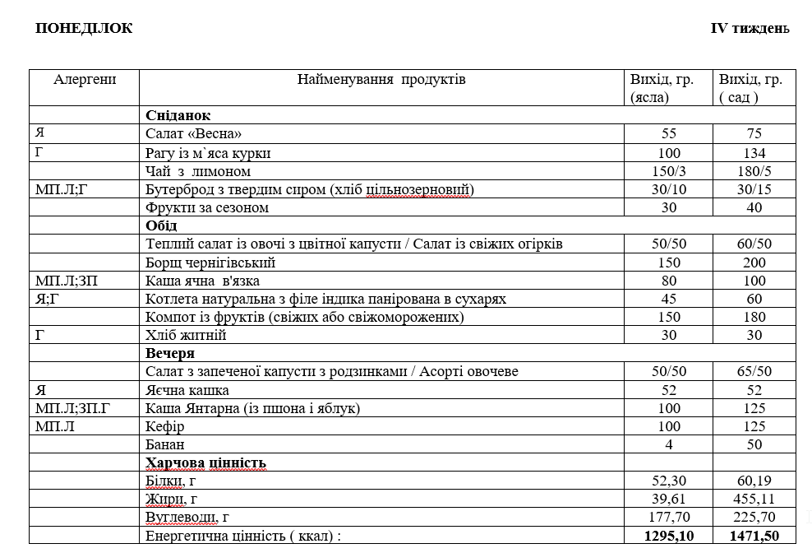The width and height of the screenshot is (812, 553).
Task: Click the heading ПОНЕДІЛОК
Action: coord(84,29)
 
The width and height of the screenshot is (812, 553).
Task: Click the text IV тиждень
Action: coord(750,29)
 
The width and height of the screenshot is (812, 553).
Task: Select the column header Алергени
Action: coord(85,80)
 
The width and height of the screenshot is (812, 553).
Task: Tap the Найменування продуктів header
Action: coord(381,80)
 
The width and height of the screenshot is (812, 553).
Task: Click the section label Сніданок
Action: coord(178,116)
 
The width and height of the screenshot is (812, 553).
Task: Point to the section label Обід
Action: coord(161,225)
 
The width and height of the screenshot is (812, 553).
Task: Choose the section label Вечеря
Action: coord(170,353)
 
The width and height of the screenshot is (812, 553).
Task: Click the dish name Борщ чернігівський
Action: coord(210,263)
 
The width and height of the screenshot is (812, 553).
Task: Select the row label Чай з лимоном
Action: coord(198,171)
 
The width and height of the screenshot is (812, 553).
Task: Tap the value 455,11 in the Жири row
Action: coord(754,499)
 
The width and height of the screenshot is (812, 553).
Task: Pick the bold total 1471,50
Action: coord(754,536)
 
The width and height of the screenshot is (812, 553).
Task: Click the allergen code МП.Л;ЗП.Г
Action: coord(72,408)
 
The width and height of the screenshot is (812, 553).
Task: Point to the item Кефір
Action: coord(164,426)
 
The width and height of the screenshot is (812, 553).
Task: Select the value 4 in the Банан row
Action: coord(669,444)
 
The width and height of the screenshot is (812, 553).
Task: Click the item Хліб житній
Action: coord(186,335)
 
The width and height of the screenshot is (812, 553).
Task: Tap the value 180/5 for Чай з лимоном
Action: coord(754,171)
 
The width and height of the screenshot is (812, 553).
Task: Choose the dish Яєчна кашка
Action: coord(187,390)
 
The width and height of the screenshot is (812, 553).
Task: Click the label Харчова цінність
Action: coord(205,462)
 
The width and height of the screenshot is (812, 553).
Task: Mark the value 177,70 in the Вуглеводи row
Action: coord(669,517)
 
